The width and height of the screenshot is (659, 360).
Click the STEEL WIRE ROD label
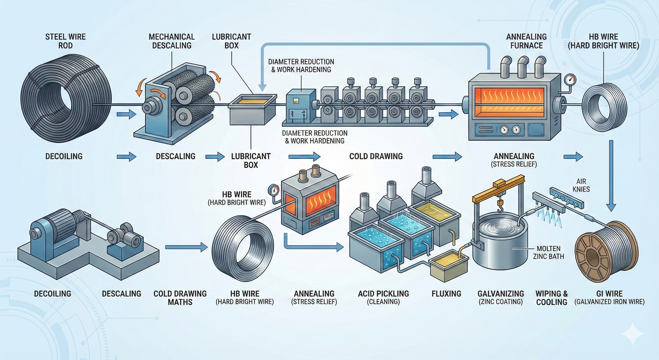[65, 41]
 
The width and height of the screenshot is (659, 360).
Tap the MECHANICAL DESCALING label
[172, 41]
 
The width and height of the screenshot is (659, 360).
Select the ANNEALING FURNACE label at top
[527, 41]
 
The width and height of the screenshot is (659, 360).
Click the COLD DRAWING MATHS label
[180, 298]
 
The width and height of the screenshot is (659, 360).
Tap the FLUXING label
[447, 294]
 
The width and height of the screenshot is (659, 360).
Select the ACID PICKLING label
[384, 297]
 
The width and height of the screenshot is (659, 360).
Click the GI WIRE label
[609, 297]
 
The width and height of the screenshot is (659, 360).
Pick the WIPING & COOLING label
[552, 298]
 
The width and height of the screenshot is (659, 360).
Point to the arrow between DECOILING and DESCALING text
[127, 156]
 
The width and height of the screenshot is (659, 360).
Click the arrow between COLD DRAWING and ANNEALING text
[447, 156]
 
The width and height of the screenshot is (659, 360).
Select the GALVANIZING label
[501, 297]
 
